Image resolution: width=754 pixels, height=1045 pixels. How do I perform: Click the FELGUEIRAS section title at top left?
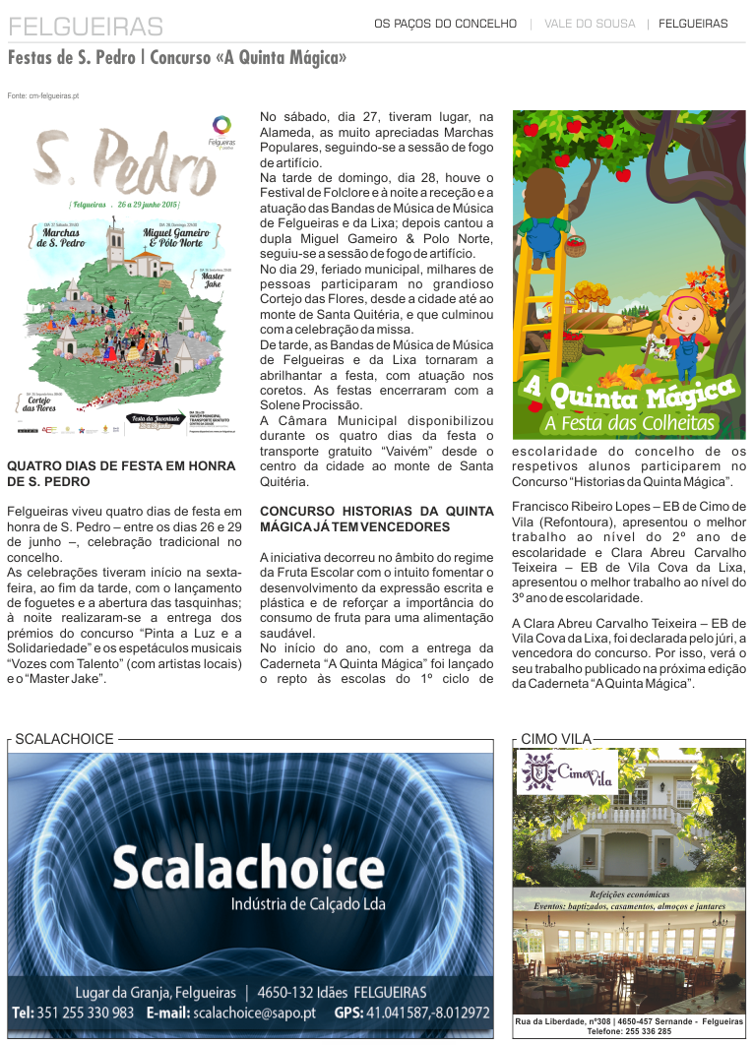click(86, 26)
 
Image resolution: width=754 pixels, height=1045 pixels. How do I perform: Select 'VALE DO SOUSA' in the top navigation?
click(590, 24)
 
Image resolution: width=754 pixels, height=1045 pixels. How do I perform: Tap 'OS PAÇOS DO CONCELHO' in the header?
click(445, 24)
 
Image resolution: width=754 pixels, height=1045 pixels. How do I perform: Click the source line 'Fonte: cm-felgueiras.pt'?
click(42, 95)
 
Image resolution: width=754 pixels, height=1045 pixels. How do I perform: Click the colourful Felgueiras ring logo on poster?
click(222, 125)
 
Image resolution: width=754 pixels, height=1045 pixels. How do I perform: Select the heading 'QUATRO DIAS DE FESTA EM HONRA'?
click(123, 466)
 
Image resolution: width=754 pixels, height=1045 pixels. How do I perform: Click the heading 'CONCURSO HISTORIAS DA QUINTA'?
click(376, 512)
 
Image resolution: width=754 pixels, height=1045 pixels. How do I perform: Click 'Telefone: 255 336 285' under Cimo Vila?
click(629, 1032)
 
